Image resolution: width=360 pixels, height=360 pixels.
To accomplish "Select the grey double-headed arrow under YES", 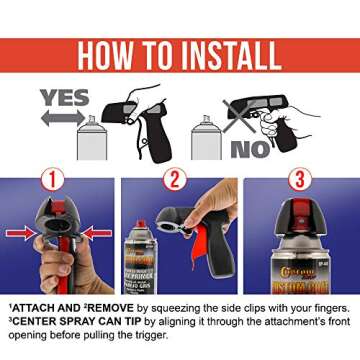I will tap(62, 117).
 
